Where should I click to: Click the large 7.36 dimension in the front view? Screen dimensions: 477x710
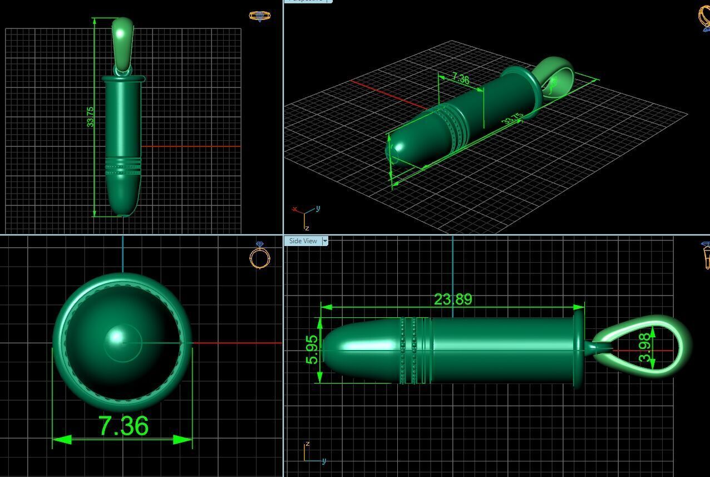point(124,426)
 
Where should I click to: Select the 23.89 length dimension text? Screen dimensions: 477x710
point(453,299)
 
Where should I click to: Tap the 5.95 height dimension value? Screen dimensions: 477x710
point(313,349)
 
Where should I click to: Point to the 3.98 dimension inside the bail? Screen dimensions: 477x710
point(645,348)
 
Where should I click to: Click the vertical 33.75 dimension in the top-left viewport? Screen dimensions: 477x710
point(90,117)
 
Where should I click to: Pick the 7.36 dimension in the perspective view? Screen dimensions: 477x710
point(460,78)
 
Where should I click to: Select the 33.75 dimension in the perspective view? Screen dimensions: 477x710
point(512,119)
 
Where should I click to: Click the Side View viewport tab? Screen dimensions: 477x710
point(303,241)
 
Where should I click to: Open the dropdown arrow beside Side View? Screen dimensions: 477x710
point(325,241)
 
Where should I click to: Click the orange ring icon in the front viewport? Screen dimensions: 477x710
point(259,257)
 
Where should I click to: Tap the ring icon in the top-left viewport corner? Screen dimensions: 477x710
point(259,16)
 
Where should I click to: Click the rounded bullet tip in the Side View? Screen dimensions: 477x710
point(337,349)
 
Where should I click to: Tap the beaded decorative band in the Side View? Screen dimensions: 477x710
point(415,350)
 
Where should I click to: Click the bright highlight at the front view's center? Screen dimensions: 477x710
point(117,337)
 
